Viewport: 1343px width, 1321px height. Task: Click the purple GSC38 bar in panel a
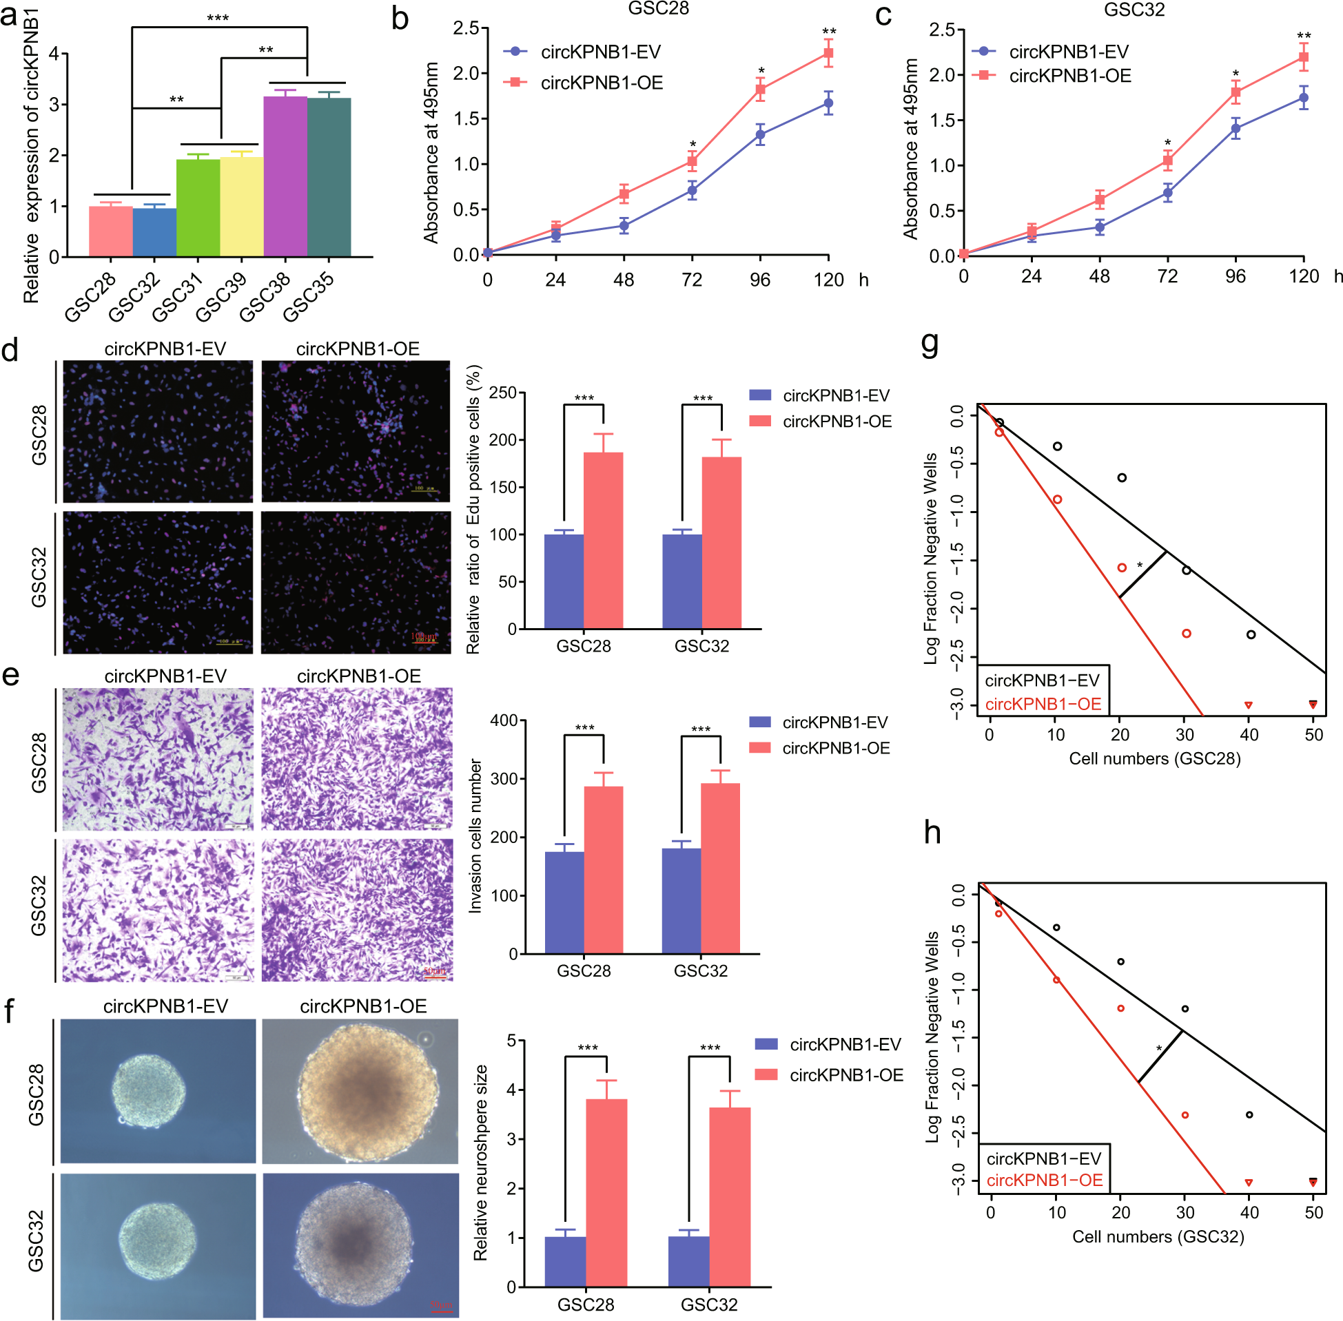(x=285, y=177)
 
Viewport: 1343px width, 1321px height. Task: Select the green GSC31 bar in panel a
(x=198, y=208)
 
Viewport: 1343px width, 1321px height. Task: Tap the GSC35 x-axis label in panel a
(x=309, y=297)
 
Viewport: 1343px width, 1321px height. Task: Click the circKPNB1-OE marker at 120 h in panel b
(x=828, y=54)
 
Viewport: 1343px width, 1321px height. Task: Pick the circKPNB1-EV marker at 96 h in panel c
(x=1236, y=128)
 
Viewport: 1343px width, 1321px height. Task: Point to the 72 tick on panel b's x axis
(x=692, y=280)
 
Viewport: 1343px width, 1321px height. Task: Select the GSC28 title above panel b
(x=658, y=9)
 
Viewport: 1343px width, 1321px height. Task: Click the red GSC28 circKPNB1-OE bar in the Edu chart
(x=603, y=541)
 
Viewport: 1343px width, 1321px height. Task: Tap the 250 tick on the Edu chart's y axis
(x=502, y=393)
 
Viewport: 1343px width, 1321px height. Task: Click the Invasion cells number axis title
(x=475, y=836)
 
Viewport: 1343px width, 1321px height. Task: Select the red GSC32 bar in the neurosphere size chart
(x=730, y=1197)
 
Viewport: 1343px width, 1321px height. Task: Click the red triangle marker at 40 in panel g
(x=1249, y=705)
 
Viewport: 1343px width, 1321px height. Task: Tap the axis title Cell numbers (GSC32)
(x=1158, y=1237)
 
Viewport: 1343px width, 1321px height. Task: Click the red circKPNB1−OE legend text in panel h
(x=1044, y=1179)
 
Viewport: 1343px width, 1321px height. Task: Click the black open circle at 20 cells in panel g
(x=1122, y=477)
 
